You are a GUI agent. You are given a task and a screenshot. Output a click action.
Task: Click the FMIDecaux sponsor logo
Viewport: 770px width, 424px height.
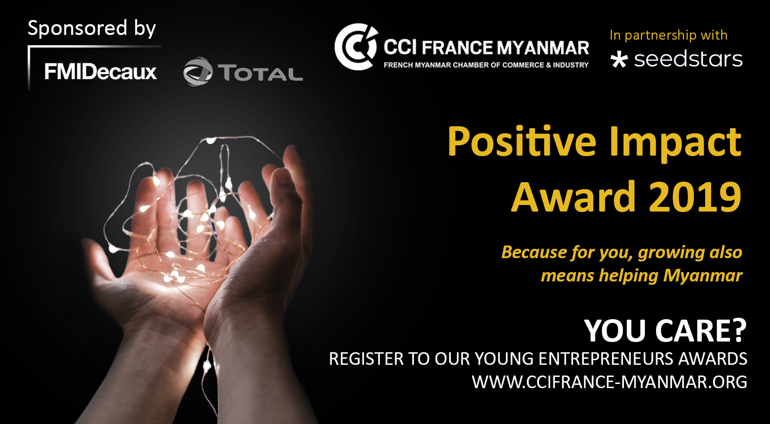[x=100, y=72]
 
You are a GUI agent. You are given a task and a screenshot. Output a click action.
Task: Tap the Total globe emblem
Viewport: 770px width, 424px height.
[x=198, y=71]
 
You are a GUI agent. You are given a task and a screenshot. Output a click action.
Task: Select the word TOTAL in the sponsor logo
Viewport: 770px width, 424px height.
[x=262, y=73]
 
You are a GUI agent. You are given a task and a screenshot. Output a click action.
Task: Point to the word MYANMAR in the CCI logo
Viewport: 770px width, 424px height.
[x=543, y=48]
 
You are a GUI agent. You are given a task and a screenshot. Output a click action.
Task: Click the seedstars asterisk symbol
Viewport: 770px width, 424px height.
[x=619, y=59]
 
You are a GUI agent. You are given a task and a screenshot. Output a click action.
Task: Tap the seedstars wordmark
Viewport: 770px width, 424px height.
[x=688, y=59]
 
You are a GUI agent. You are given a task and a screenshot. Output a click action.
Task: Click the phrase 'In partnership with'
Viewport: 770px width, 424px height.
[x=669, y=35]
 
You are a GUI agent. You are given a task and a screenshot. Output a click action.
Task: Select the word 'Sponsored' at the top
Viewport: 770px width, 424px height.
[x=77, y=28]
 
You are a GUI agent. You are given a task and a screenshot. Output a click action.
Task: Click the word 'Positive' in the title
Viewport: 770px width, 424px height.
[x=522, y=142]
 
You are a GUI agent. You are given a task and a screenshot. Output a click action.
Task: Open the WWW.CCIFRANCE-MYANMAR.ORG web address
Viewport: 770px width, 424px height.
[x=609, y=382]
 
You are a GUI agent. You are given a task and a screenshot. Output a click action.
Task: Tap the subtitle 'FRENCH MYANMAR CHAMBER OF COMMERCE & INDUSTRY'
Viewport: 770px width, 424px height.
[x=486, y=65]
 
